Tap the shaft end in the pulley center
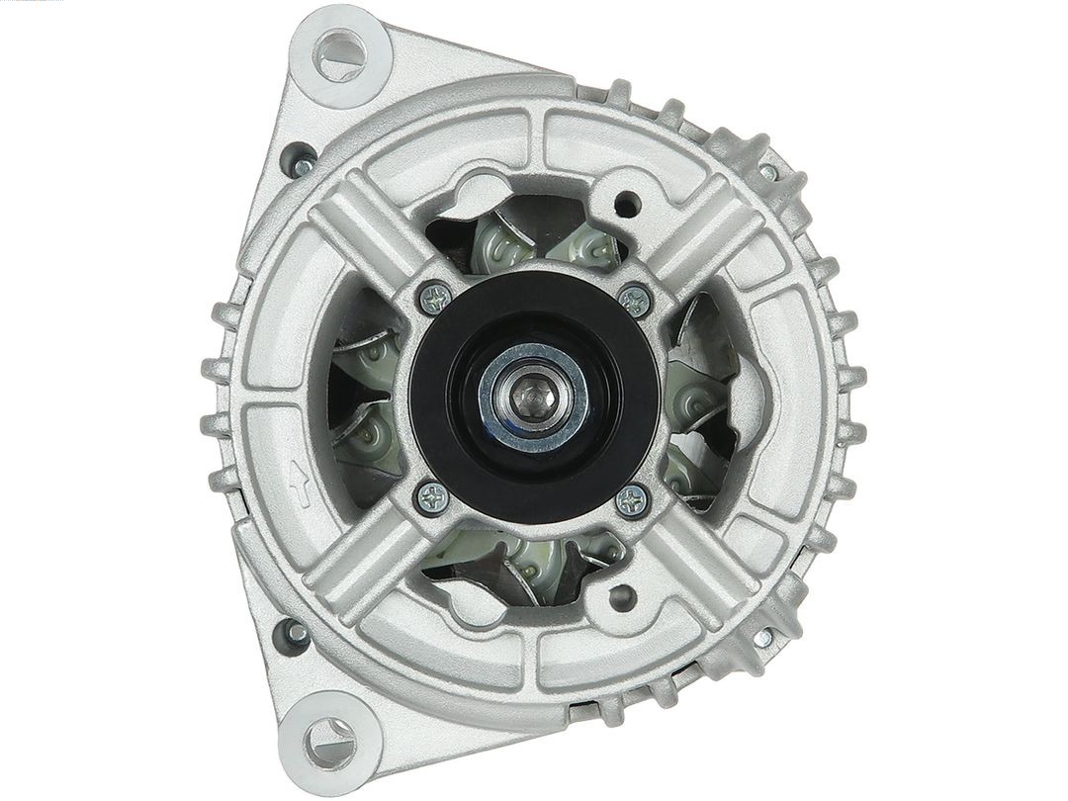[x=535, y=397]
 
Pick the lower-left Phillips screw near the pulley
[x=431, y=497]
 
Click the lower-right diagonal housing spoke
[x=697, y=559]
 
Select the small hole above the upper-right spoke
[x=624, y=207]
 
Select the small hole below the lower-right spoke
[x=621, y=597]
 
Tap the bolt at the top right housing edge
[x=769, y=172]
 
